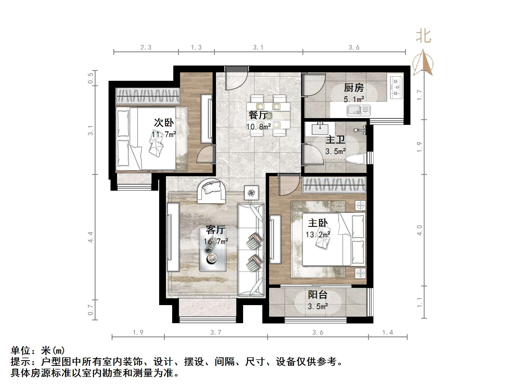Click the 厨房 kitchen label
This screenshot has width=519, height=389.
click(354, 88)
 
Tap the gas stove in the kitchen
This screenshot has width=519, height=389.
click(396, 87)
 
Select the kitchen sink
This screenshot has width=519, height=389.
click(358, 110)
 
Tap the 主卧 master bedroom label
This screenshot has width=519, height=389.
click(318, 223)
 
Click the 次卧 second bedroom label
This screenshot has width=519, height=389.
click(164, 123)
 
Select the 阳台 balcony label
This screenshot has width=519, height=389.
click(318, 295)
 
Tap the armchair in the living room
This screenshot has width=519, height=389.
click(211, 190)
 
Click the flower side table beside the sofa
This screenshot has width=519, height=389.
click(251, 193)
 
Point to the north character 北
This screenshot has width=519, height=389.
click(423, 36)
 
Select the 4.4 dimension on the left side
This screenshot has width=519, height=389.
click(90, 237)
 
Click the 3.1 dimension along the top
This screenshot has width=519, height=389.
click(258, 47)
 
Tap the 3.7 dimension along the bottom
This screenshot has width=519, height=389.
click(216, 333)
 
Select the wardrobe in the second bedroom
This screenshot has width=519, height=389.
click(148, 96)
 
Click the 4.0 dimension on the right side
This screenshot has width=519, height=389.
click(419, 230)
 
